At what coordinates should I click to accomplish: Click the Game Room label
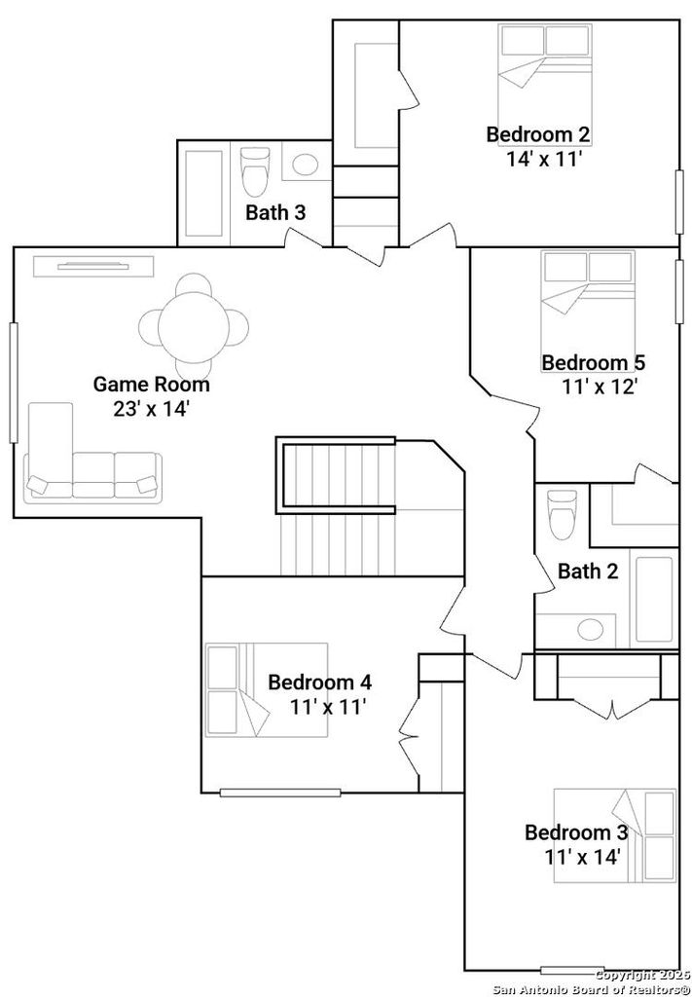(x=151, y=384)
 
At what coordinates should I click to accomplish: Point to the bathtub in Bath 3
(x=203, y=193)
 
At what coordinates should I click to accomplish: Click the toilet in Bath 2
(x=562, y=515)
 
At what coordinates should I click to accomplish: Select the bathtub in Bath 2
(x=654, y=600)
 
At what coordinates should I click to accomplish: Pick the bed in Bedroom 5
(x=588, y=298)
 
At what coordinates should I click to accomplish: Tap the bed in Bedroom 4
(x=267, y=690)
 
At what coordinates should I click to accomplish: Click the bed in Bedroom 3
(x=614, y=835)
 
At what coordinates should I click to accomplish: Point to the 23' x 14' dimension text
(x=152, y=409)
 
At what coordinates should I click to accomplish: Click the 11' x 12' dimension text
(x=600, y=386)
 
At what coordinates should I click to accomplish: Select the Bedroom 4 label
(x=319, y=683)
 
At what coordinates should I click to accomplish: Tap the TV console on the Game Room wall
(x=94, y=266)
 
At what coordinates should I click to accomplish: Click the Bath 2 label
(x=588, y=571)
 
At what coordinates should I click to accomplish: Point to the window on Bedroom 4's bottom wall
(x=280, y=793)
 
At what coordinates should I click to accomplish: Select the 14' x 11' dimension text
(x=545, y=159)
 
